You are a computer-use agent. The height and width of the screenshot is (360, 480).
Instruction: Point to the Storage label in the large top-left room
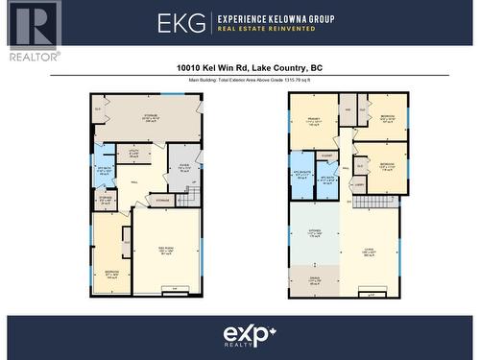tap(150, 118)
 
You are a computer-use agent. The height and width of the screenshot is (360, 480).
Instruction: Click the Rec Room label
tap(165, 251)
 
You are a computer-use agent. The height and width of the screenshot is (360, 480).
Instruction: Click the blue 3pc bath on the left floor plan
tap(105, 170)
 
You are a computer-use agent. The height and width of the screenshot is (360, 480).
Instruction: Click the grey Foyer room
tap(183, 164)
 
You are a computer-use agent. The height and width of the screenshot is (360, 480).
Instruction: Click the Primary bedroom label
tap(313, 121)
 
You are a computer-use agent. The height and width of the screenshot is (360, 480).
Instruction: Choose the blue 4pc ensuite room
tap(302, 176)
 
